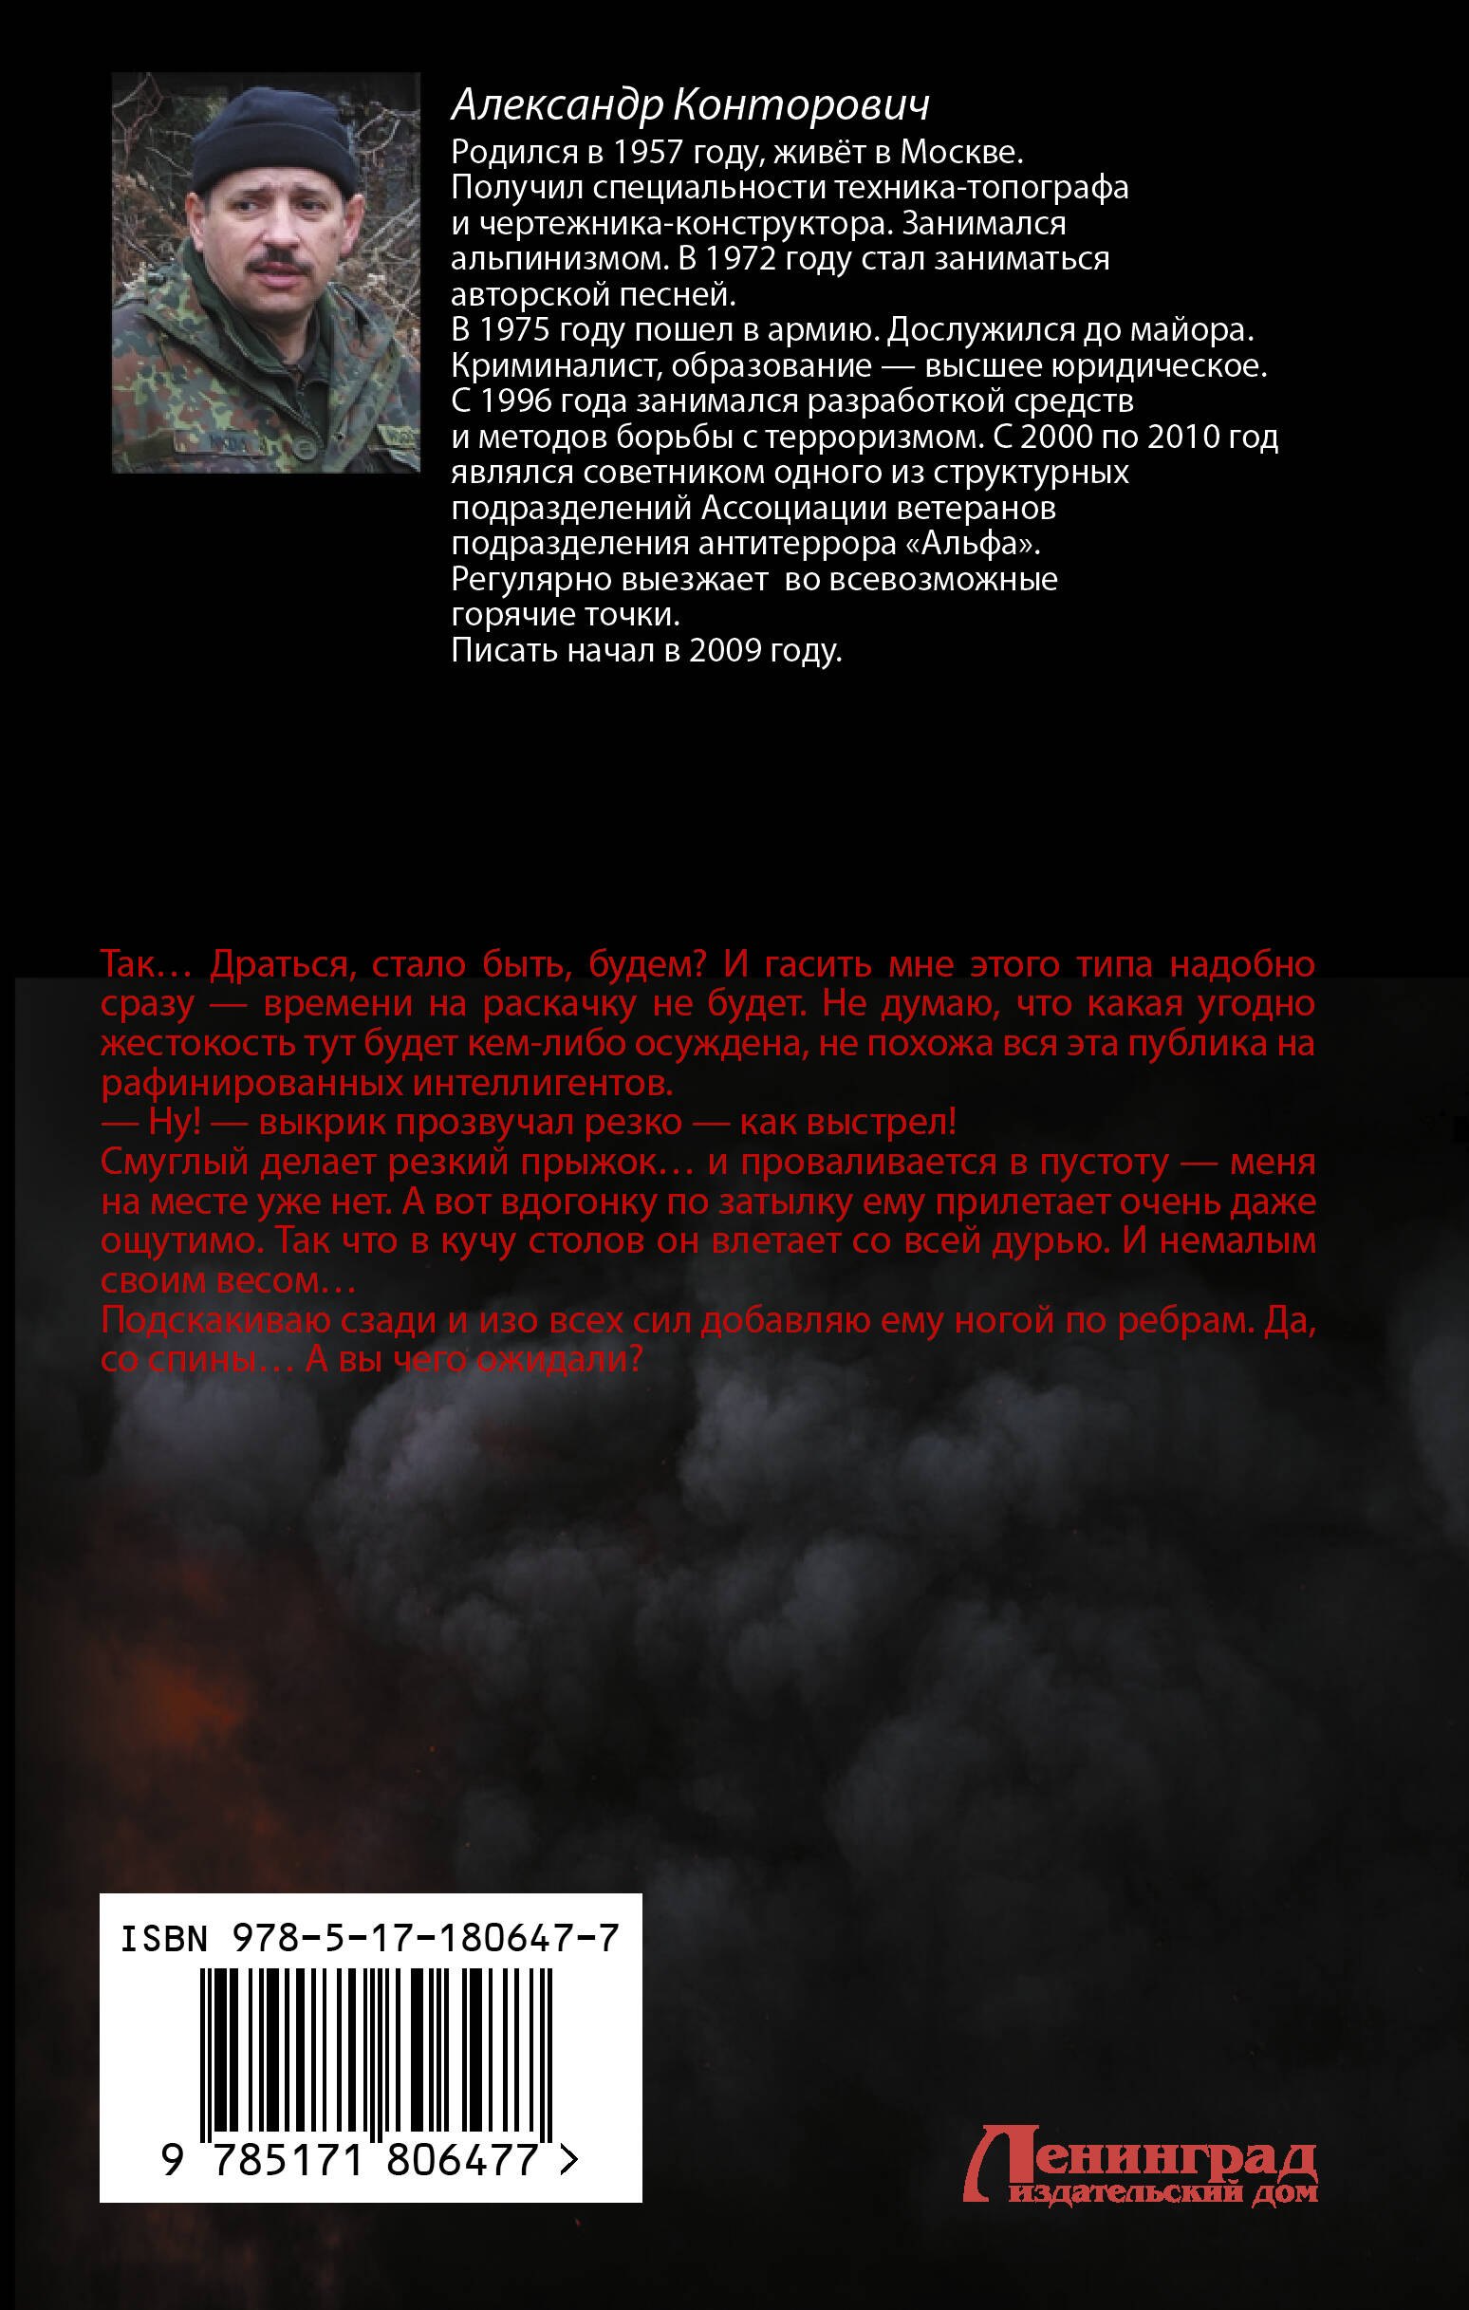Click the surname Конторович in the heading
tap(801, 105)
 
